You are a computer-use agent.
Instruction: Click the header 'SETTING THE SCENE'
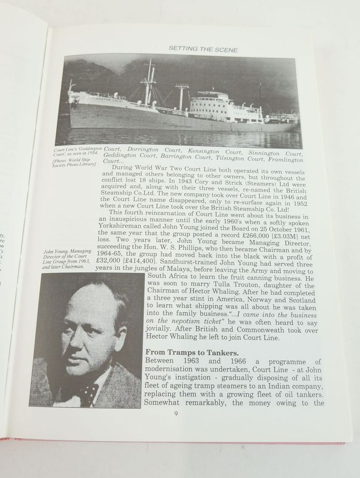pyautogui.click(x=203, y=50)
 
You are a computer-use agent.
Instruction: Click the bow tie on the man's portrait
pyautogui.click(x=89, y=391)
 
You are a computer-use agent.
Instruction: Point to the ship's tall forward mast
pyautogui.click(x=149, y=82)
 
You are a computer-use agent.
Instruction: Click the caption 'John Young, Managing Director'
pyautogui.click(x=67, y=254)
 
